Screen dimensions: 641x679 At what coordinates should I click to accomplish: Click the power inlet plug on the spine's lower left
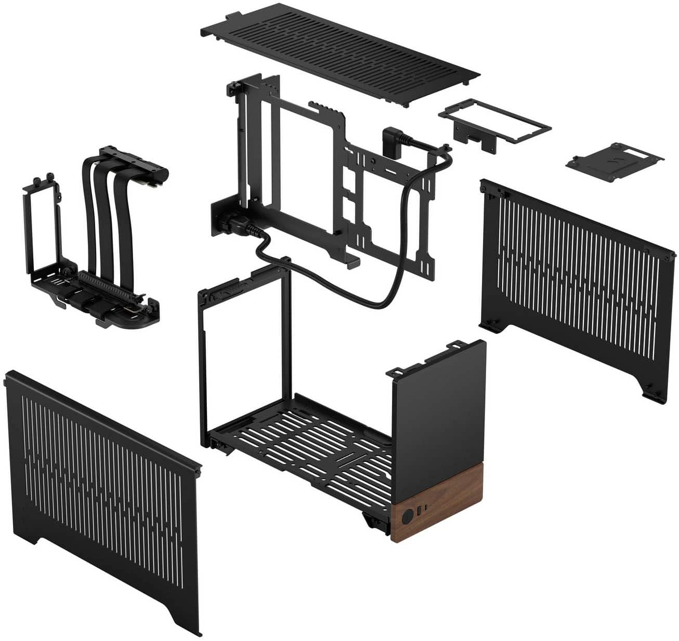(229, 224)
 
